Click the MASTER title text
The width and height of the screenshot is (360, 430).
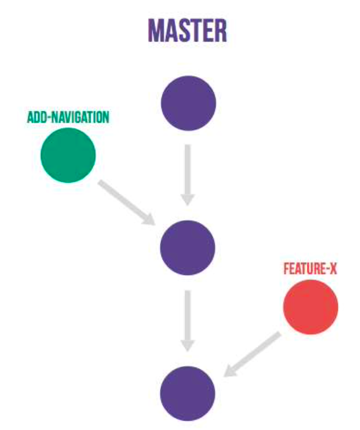(187, 30)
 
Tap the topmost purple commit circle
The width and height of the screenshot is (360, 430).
(188, 103)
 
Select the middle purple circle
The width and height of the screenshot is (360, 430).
(188, 247)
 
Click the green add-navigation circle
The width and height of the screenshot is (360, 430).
(68, 155)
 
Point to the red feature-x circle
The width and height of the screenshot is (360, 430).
(310, 307)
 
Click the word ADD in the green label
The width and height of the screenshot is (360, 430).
(36, 117)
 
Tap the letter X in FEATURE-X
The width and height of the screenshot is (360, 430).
(333, 269)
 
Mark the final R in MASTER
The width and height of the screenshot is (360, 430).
(220, 30)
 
